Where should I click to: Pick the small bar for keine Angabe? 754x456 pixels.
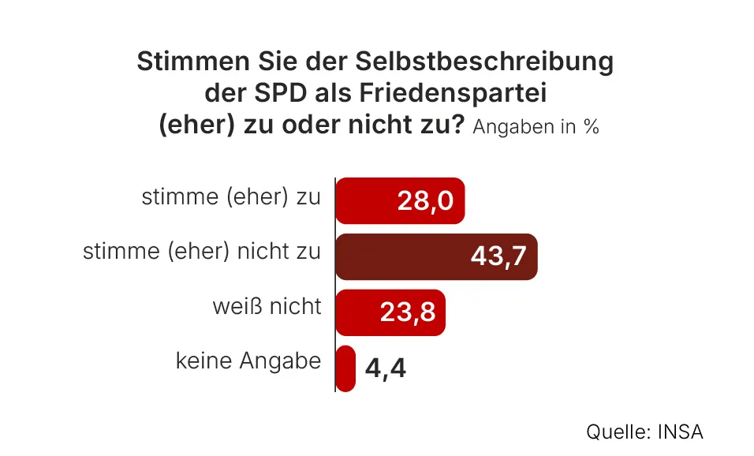tap(345, 368)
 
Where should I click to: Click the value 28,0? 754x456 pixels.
tap(425, 201)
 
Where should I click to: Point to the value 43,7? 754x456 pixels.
tap(498, 257)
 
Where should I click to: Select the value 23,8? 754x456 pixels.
tap(407, 313)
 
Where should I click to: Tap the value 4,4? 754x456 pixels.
tap(386, 368)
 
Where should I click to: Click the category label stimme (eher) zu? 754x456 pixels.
tap(231, 197)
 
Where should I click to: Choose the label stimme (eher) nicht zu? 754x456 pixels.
tap(202, 252)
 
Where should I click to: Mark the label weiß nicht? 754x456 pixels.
tap(267, 306)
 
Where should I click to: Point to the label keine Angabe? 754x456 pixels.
tap(248, 361)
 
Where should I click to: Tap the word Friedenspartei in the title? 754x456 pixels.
tap(453, 94)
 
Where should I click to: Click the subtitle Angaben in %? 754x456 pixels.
tap(536, 127)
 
